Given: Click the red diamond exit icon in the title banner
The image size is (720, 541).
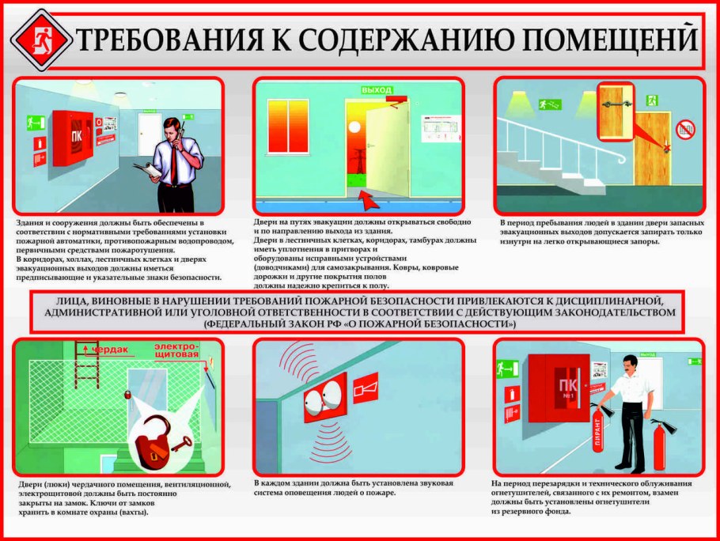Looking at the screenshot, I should [x=39, y=40].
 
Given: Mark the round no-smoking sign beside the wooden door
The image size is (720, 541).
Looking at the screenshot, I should [x=685, y=128].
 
